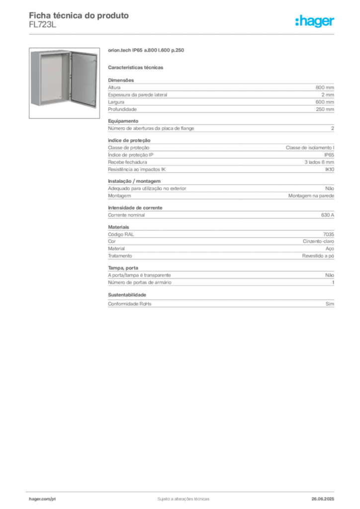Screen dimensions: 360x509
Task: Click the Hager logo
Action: pos(315,21)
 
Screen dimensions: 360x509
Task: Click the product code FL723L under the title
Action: pos(43,25)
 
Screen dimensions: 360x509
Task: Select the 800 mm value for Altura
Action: pos(325,87)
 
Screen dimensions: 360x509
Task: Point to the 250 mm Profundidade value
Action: pos(325,109)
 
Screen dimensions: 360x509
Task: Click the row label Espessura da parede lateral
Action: pos(138,95)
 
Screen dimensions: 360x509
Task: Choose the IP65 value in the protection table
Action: pos(329,155)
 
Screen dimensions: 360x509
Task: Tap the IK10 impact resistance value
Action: pos(330,170)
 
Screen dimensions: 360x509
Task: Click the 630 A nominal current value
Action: pos(328,215)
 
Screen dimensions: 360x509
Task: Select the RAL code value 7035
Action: pos(329,235)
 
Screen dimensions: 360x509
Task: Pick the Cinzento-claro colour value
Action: pos(318,242)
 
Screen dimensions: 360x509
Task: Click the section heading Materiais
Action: pos(118,227)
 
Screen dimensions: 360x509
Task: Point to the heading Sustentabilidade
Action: pos(127,295)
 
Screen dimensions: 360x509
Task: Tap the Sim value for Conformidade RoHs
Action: pos(330,304)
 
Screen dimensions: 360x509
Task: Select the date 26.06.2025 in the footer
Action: pos(323,499)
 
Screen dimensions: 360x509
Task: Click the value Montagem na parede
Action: pos(311,196)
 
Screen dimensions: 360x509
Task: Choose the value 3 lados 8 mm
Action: pos(319,163)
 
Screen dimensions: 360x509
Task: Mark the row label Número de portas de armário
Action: pos(140,282)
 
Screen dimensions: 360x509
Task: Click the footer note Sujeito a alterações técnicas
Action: pos(183,499)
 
